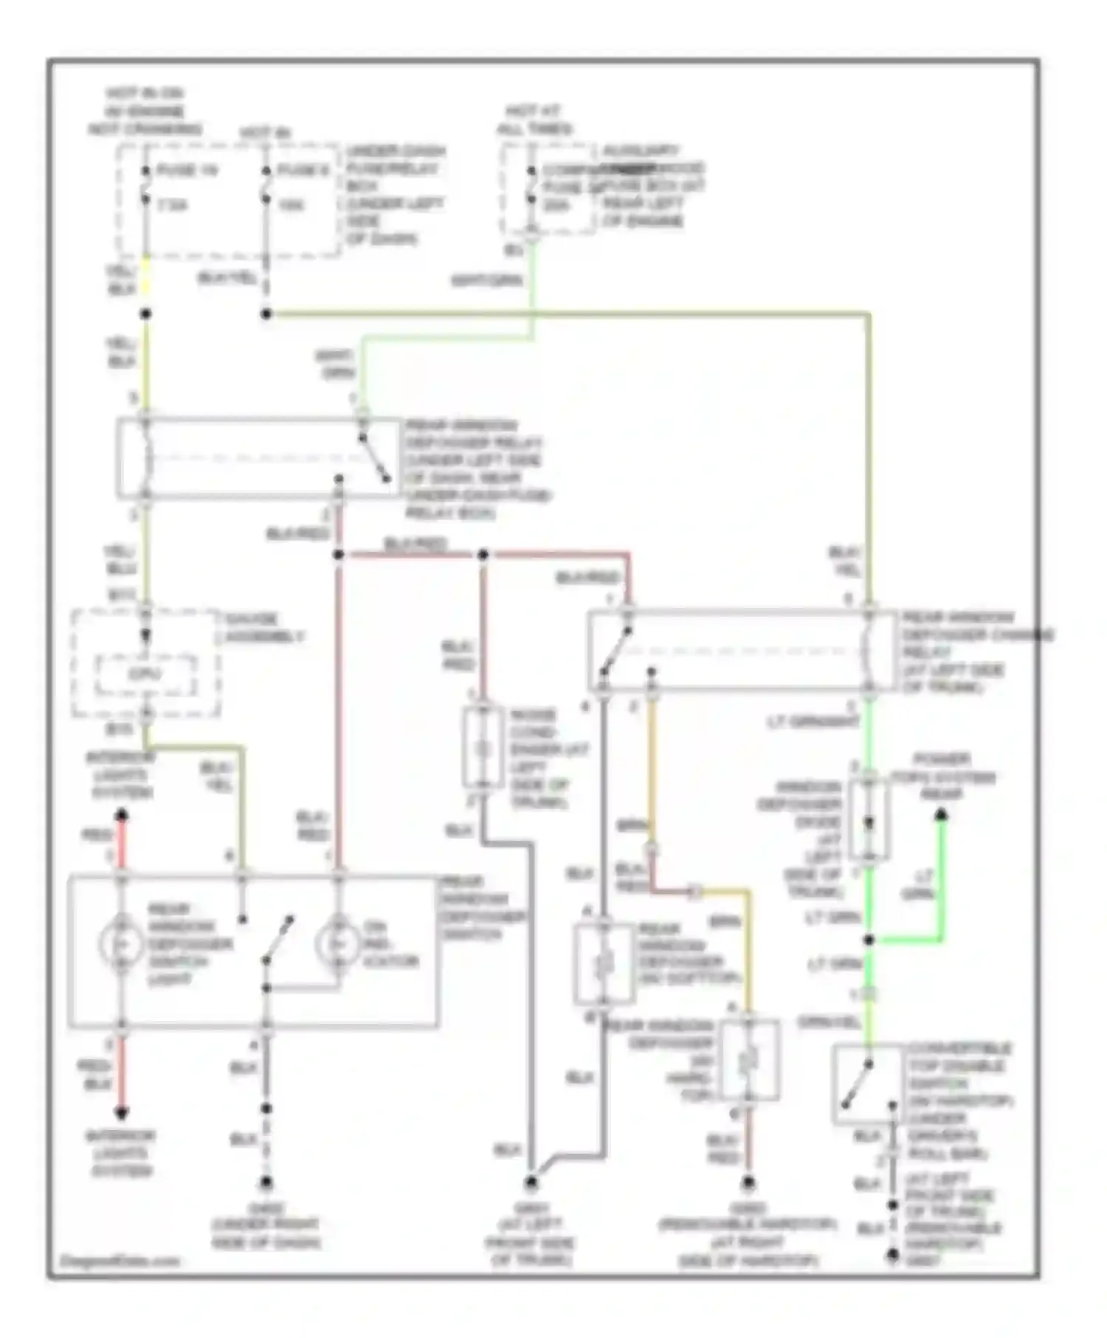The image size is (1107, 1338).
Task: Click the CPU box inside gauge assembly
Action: click(x=145, y=675)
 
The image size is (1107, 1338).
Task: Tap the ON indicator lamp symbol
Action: click(x=337, y=943)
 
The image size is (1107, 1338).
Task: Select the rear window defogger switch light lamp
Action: click(x=121, y=943)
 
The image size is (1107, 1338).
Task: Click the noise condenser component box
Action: click(x=483, y=749)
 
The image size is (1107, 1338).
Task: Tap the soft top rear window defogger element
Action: click(x=604, y=963)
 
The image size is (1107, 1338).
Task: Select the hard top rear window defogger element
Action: click(x=748, y=1060)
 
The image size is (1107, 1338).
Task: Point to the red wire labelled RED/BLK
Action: click(x=121, y=1073)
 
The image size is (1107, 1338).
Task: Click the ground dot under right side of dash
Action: click(x=266, y=1183)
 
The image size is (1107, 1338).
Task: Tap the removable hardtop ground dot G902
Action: click(x=748, y=1183)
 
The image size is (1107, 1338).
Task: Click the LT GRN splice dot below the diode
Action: click(x=869, y=940)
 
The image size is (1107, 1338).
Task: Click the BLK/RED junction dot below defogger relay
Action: click(x=338, y=555)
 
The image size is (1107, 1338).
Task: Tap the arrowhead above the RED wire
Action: click(x=122, y=814)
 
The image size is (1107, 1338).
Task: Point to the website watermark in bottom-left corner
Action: click(x=118, y=1261)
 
